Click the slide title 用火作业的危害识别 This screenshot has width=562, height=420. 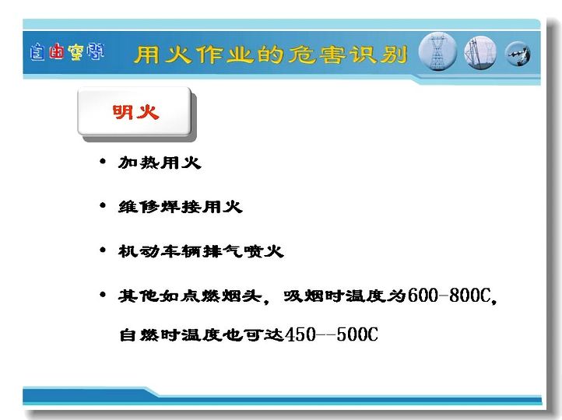click(271, 55)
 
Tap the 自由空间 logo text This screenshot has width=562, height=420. click(67, 52)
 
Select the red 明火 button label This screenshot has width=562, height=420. click(135, 112)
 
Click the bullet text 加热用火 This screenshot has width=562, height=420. click(160, 163)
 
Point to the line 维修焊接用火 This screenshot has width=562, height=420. click(181, 207)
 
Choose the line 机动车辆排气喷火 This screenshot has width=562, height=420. click(201, 251)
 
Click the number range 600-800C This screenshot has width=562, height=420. click(449, 296)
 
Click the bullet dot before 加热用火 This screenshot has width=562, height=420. click(103, 162)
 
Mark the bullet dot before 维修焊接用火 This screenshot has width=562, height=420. click(103, 205)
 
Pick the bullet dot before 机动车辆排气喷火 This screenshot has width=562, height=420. click(103, 250)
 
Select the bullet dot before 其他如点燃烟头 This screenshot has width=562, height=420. click(103, 295)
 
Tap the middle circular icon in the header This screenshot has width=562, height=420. click(480, 53)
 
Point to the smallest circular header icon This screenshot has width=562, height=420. click(518, 54)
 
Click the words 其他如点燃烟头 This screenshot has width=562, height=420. click(191, 296)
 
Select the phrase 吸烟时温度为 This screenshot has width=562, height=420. click(345, 296)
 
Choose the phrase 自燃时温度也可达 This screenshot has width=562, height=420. click(202, 334)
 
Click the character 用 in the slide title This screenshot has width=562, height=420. click(147, 55)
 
